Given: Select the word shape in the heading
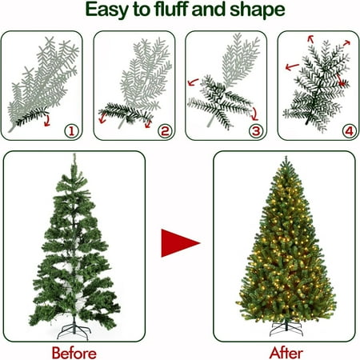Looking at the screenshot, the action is pyautogui.click(x=258, y=10).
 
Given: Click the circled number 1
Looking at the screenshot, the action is pyautogui.click(x=71, y=131).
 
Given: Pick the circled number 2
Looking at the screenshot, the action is pyautogui.click(x=165, y=131).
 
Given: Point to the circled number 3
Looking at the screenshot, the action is pyautogui.click(x=256, y=131).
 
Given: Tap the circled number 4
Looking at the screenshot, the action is pyautogui.click(x=350, y=131).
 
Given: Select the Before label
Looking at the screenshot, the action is pyautogui.click(x=74, y=353).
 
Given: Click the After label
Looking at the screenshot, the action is pyautogui.click(x=286, y=353).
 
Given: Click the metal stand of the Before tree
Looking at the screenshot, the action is pyautogui.click(x=74, y=330).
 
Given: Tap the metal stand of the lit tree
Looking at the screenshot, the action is pyautogui.click(x=286, y=328).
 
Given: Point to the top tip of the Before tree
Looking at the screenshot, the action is pyautogui.click(x=74, y=154).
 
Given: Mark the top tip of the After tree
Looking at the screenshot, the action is pyautogui.click(x=286, y=157).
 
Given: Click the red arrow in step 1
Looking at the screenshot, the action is pyautogui.click(x=47, y=121).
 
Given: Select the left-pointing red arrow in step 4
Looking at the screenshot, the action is pyautogui.click(x=292, y=66).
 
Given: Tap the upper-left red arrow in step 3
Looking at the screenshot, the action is pyautogui.click(x=193, y=82).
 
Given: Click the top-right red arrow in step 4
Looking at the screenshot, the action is pyautogui.click(x=346, y=43).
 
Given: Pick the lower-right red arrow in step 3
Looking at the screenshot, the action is pyautogui.click(x=255, y=114).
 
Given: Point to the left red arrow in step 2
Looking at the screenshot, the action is pyautogui.click(x=102, y=118).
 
